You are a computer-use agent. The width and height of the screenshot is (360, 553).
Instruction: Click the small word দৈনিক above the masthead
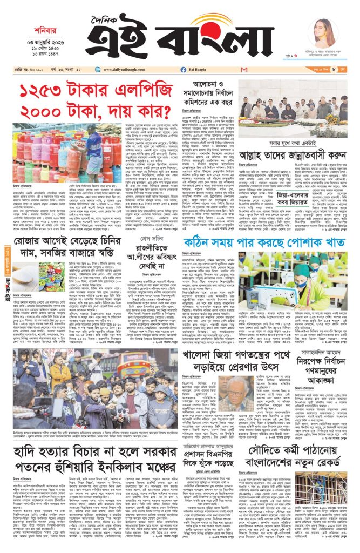tap(114, 18)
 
